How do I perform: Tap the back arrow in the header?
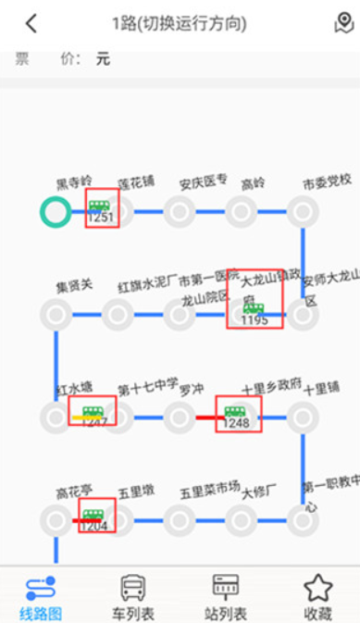tap(32, 22)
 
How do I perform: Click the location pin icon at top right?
tap(343, 23)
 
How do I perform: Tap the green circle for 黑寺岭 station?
tap(56, 212)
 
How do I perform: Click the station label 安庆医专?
tap(204, 181)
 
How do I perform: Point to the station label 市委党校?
tap(327, 181)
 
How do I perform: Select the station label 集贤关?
tap(74, 285)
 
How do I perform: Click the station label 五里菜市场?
tap(209, 489)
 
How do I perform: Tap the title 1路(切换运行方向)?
tap(180, 22)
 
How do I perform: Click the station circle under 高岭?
tap(242, 212)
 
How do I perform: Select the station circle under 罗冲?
tap(180, 417)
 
